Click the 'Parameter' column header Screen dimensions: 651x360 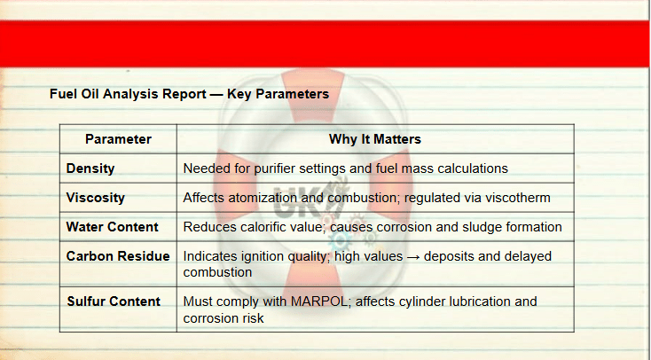118,139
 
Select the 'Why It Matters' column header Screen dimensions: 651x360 375,139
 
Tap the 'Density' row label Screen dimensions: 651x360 90,168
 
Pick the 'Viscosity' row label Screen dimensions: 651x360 95,198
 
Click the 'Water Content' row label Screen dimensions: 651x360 112,227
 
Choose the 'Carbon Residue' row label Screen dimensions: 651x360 118,256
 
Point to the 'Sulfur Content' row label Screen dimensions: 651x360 114,301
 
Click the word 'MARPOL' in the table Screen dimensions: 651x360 319,301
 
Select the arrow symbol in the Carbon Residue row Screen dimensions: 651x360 413,256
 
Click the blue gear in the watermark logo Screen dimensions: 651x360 340,240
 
